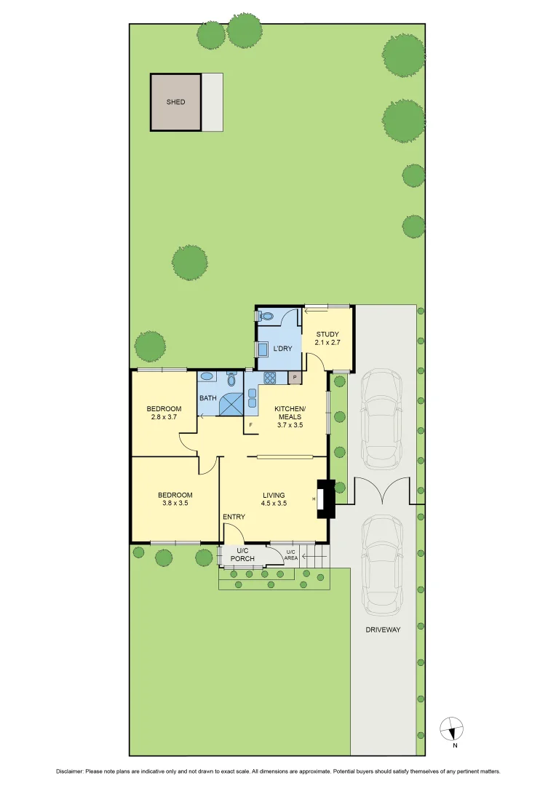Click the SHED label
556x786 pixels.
(175, 103)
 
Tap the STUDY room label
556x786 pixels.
(327, 334)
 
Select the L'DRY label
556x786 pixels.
(282, 349)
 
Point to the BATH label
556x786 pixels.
(208, 398)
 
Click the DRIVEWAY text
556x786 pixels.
(383, 630)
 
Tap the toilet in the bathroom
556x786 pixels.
(231, 379)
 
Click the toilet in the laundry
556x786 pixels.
(266, 317)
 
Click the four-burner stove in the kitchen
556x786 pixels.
(270, 378)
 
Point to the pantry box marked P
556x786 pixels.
(295, 378)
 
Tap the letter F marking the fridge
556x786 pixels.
(251, 424)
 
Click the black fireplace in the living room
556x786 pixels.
(325, 499)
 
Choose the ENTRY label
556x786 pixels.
(234, 517)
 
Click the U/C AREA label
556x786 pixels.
(291, 555)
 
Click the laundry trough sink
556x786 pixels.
(261, 349)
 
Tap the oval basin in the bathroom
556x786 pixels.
(207, 377)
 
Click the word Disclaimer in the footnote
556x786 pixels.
(70, 771)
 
